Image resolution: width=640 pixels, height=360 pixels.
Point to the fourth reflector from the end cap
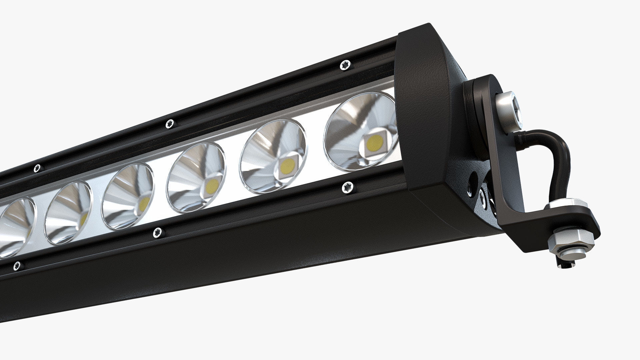point(128,197)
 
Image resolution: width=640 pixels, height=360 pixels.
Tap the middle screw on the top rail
point(170,123)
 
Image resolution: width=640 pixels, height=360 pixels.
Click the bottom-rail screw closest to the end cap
point(348,188)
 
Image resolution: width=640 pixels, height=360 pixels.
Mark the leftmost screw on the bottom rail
point(16,266)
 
